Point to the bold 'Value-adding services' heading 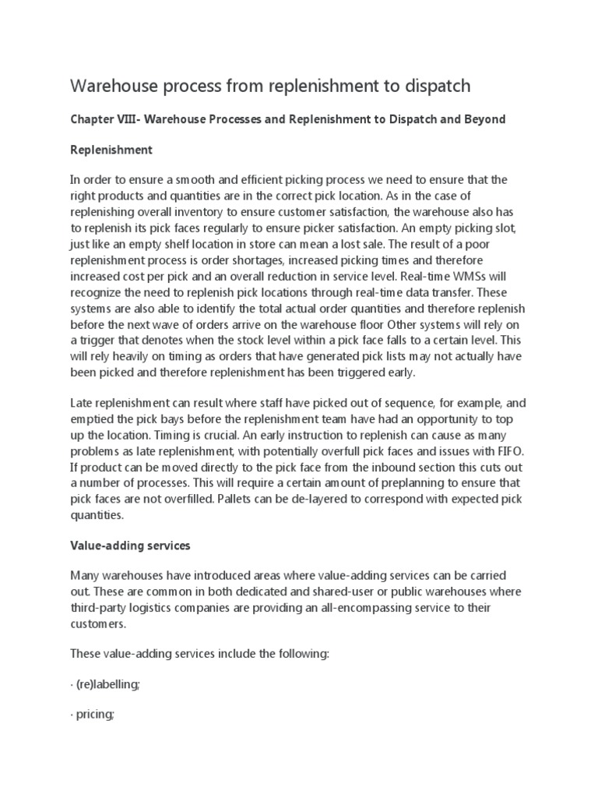[130, 546]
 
